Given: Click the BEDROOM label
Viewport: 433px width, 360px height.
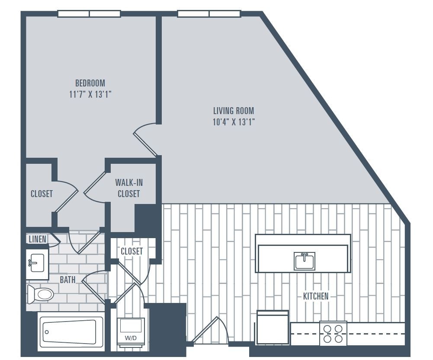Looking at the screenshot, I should [x=90, y=83].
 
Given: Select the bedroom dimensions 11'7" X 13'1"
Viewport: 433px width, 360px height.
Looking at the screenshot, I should [x=90, y=94].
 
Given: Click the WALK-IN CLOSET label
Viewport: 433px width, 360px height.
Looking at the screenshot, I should [x=129, y=188].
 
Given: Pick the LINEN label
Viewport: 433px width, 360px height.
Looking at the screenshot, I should [x=38, y=239].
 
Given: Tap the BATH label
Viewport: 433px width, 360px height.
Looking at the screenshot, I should [x=67, y=280].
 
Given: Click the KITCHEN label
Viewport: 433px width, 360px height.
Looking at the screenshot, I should [x=315, y=296].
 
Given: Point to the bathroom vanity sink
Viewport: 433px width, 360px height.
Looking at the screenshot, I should [x=37, y=263].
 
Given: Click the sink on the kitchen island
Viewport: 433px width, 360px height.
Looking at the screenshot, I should [x=305, y=261].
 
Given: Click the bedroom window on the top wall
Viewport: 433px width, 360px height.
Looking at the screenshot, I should [x=89, y=14].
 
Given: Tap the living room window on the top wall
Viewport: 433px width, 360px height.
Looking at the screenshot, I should [x=209, y=14].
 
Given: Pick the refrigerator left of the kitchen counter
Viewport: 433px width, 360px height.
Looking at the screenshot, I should [x=273, y=327].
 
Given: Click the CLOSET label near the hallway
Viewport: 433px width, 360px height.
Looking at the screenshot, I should [x=132, y=251].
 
